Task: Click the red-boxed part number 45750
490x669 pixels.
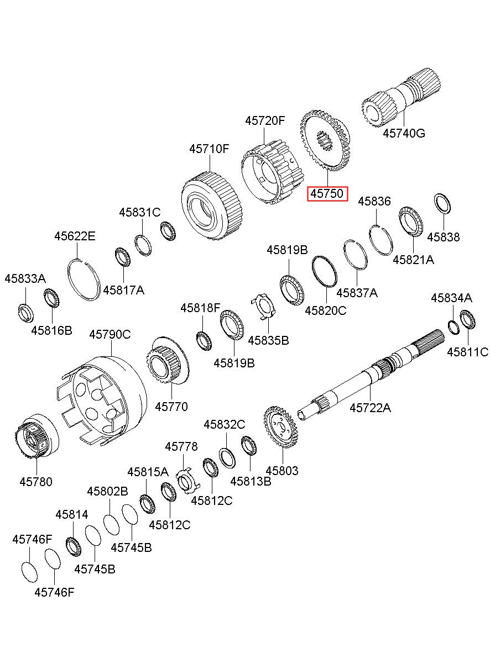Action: [327, 194]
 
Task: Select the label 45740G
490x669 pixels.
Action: [404, 133]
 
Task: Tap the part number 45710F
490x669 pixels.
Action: [209, 149]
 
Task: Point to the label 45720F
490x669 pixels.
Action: [265, 121]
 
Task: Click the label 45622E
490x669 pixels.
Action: [75, 236]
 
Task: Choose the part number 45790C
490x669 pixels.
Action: [110, 334]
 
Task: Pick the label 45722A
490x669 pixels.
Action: [370, 408]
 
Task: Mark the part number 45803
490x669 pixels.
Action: [282, 471]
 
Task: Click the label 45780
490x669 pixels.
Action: [36, 482]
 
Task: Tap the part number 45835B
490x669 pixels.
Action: [268, 340]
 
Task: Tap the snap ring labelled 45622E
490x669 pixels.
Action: [83, 279]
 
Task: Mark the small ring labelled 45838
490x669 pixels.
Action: [442, 203]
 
